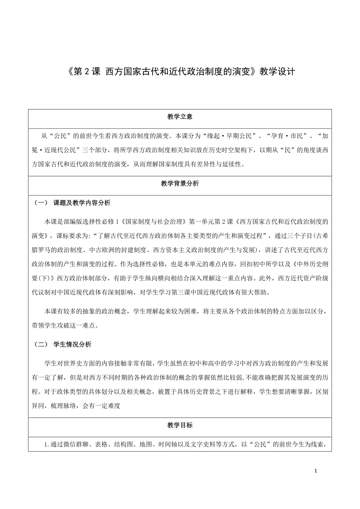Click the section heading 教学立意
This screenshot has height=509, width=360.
pyautogui.click(x=180, y=117)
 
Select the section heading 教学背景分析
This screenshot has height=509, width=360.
pyautogui.click(x=180, y=184)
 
